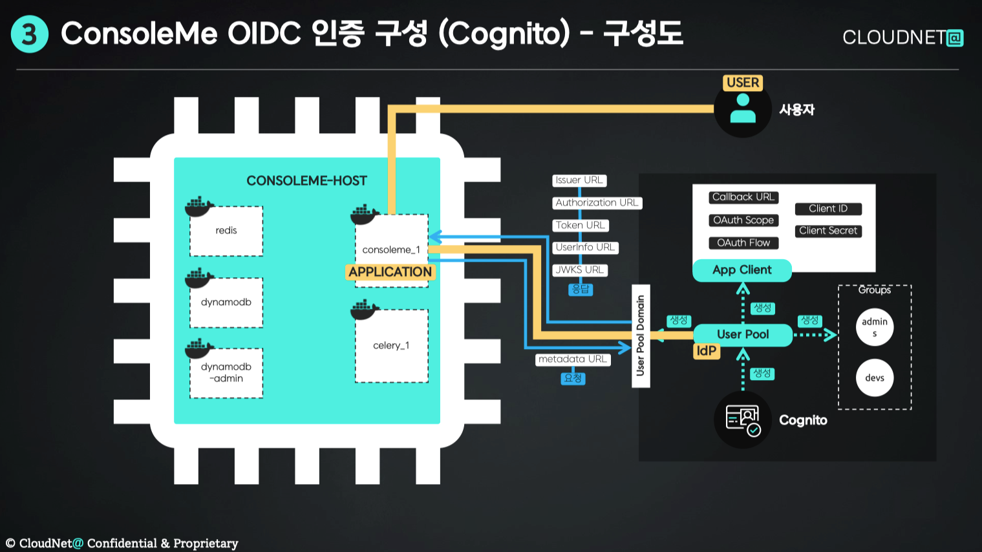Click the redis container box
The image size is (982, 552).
click(x=226, y=231)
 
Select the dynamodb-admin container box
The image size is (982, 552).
click(x=226, y=373)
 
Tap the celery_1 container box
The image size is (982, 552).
click(x=391, y=346)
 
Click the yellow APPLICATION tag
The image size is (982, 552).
click(x=390, y=272)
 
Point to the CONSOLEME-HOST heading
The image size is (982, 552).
click(x=306, y=181)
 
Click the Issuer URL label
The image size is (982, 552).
click(x=579, y=180)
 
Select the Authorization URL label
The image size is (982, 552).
click(x=597, y=203)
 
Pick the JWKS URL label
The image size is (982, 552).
click(x=579, y=270)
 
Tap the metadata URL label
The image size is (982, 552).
click(x=573, y=359)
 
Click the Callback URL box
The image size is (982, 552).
click(x=743, y=197)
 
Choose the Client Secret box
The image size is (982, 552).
click(x=827, y=231)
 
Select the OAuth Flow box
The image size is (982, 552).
click(x=743, y=243)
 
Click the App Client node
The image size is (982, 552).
click(x=742, y=270)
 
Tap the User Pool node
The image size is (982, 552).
click(x=743, y=335)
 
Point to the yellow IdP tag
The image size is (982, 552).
click(x=706, y=351)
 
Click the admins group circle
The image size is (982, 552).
click(x=875, y=327)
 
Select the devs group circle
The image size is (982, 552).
click(x=875, y=378)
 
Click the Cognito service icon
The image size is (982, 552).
click(x=743, y=419)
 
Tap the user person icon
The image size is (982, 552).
click(x=743, y=109)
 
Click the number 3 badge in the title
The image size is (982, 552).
click(x=30, y=34)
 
